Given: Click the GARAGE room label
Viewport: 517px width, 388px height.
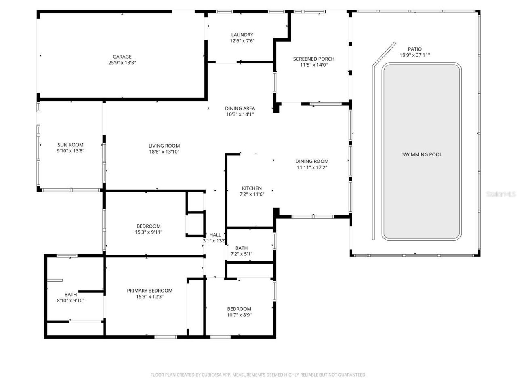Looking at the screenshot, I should (x=122, y=57).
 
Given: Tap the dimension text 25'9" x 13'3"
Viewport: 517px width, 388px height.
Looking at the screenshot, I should (x=122, y=63).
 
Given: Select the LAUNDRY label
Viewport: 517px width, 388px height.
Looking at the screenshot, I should (x=242, y=35).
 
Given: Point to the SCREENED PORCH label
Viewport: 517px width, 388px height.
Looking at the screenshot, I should (x=313, y=59).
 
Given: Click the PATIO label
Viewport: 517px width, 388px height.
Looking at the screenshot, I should (x=414, y=49).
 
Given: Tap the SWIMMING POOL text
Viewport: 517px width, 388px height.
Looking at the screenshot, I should (x=422, y=154).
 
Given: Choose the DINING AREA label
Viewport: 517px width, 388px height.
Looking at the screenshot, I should (x=240, y=108).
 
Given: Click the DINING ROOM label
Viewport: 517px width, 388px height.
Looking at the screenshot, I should (x=312, y=161).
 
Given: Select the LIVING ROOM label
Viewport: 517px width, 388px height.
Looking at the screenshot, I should (x=164, y=146).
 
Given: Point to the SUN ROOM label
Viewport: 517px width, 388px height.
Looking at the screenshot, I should (x=70, y=145).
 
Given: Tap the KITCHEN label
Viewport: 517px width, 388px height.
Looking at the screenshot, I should (x=252, y=188).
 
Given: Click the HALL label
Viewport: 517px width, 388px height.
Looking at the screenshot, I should (x=215, y=235).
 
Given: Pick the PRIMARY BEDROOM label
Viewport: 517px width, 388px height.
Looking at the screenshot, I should (x=149, y=291).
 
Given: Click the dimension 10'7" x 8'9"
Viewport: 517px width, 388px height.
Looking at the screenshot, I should (x=239, y=315).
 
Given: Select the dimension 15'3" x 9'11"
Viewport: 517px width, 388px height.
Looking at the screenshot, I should (x=149, y=232).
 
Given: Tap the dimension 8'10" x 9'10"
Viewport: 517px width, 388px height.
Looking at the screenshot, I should (x=70, y=300).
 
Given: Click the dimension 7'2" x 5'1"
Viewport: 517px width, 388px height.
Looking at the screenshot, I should (x=241, y=254).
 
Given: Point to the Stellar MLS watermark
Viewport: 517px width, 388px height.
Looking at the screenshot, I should (x=501, y=194).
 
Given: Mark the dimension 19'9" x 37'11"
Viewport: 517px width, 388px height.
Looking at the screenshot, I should (x=414, y=55).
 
